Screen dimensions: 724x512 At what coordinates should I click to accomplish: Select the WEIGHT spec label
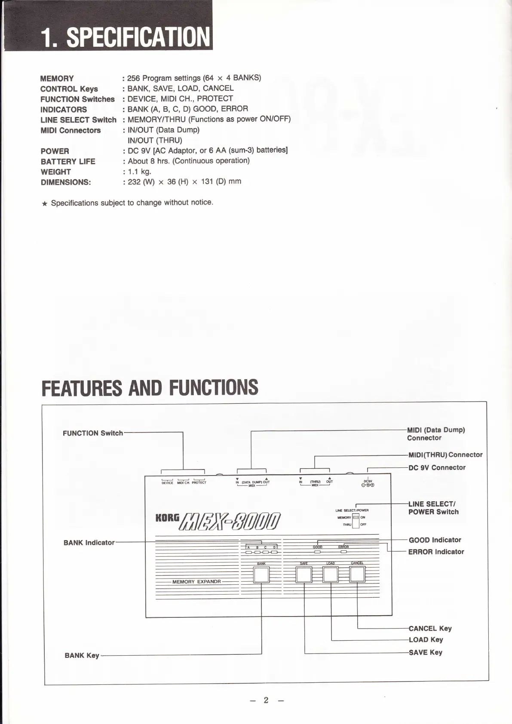point(55,172)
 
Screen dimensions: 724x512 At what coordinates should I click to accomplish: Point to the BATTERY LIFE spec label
point(68,162)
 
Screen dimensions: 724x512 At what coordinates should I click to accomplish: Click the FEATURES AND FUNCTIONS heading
point(150,387)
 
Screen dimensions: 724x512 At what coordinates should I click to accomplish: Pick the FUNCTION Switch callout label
point(92,433)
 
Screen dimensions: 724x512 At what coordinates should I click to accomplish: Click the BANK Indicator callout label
point(89,543)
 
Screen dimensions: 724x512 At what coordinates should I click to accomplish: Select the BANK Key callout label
point(82,656)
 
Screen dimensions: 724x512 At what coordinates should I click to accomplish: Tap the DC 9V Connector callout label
point(437,468)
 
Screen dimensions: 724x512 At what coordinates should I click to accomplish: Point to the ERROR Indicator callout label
point(436,552)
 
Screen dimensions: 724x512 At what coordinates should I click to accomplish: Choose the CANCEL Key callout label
point(430,629)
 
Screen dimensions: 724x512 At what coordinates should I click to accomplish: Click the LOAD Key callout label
point(426,640)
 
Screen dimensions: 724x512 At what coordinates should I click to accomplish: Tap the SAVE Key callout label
point(425,653)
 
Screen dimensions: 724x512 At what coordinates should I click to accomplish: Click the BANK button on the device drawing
point(261,574)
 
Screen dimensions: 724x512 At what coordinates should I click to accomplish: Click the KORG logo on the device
point(167,518)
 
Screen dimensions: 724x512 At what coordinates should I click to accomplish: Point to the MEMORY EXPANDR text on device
point(196,582)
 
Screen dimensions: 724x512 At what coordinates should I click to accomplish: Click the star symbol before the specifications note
point(44,203)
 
